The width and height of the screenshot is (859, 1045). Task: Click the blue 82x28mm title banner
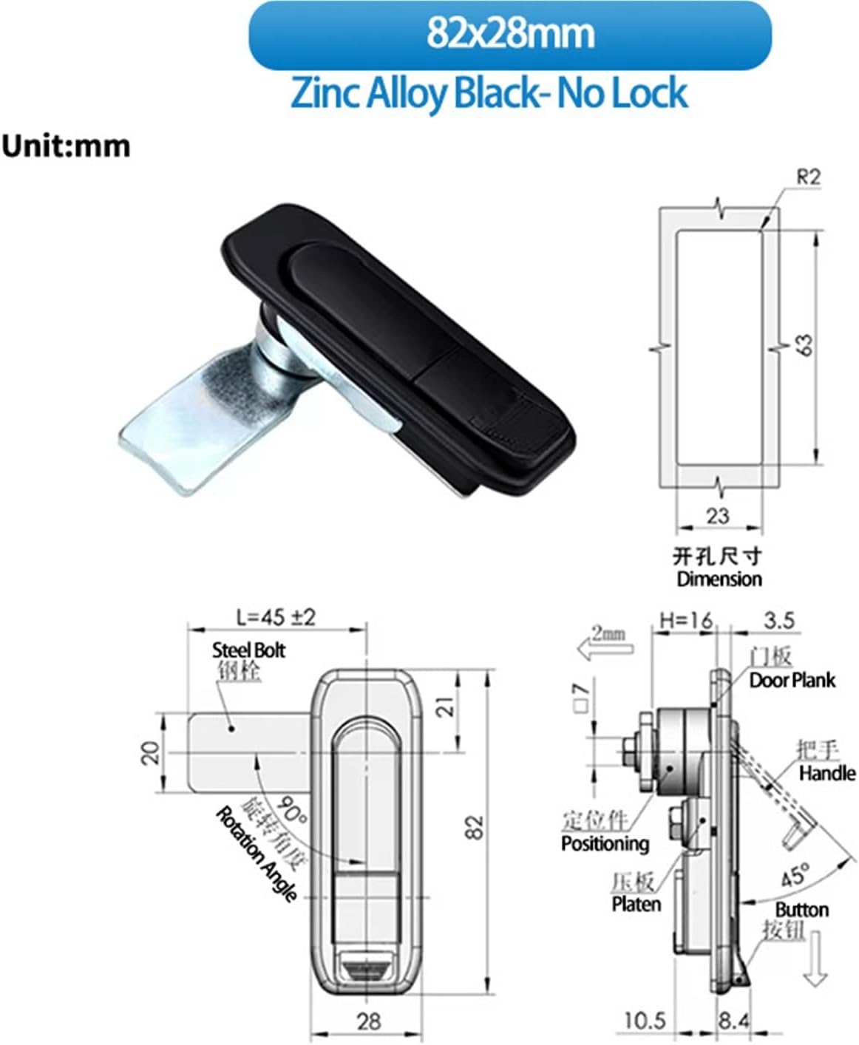pyautogui.click(x=510, y=35)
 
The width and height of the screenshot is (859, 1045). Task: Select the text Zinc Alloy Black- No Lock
pyautogui.click(x=489, y=94)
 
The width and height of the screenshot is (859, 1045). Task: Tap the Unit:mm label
pyautogui.click(x=66, y=146)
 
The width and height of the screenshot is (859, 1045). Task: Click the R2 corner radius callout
pyautogui.click(x=808, y=177)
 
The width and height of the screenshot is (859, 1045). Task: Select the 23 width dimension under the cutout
pyautogui.click(x=717, y=515)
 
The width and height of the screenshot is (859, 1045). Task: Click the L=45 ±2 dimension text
pyautogui.click(x=276, y=616)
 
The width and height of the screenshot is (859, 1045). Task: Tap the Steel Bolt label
pyautogui.click(x=248, y=650)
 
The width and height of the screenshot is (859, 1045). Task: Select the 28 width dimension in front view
pyautogui.click(x=368, y=1021)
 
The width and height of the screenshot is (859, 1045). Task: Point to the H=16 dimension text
pyautogui.click(x=686, y=620)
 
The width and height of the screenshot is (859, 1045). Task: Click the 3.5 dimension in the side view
pyautogui.click(x=779, y=620)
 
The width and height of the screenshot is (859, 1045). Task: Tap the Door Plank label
pyautogui.click(x=792, y=680)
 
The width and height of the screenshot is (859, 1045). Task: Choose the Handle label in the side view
pyautogui.click(x=826, y=773)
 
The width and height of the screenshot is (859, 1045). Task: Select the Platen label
pyautogui.click(x=636, y=904)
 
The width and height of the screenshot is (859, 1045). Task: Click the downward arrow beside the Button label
pyautogui.click(x=815, y=959)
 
